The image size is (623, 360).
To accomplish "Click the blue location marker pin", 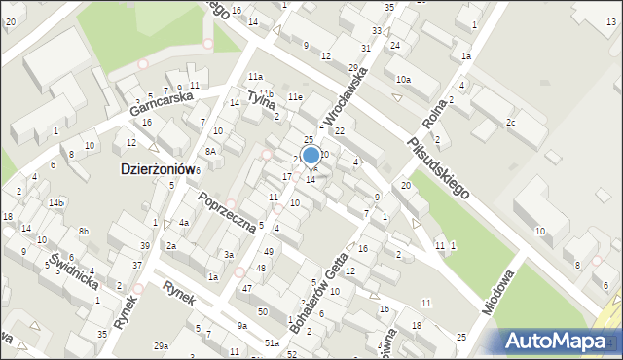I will pyautogui.click(x=311, y=155).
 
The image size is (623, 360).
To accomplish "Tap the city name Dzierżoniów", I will pyautogui.click(x=157, y=168).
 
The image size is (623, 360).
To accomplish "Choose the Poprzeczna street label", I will pyautogui.click(x=226, y=211).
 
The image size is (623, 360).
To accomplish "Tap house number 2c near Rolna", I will pyautogui.click(x=510, y=122).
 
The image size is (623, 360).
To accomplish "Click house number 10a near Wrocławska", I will pyautogui.click(x=402, y=79).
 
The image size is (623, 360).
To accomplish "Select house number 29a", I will pyautogui.click(x=162, y=345).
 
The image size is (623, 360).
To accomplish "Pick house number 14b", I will pyautogui.click(x=56, y=202).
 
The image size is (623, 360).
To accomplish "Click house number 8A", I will pyautogui.click(x=209, y=152).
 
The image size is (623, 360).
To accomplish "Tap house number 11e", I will pyautogui.click(x=294, y=97).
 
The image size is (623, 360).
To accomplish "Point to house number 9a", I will pyautogui.click(x=241, y=326).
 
